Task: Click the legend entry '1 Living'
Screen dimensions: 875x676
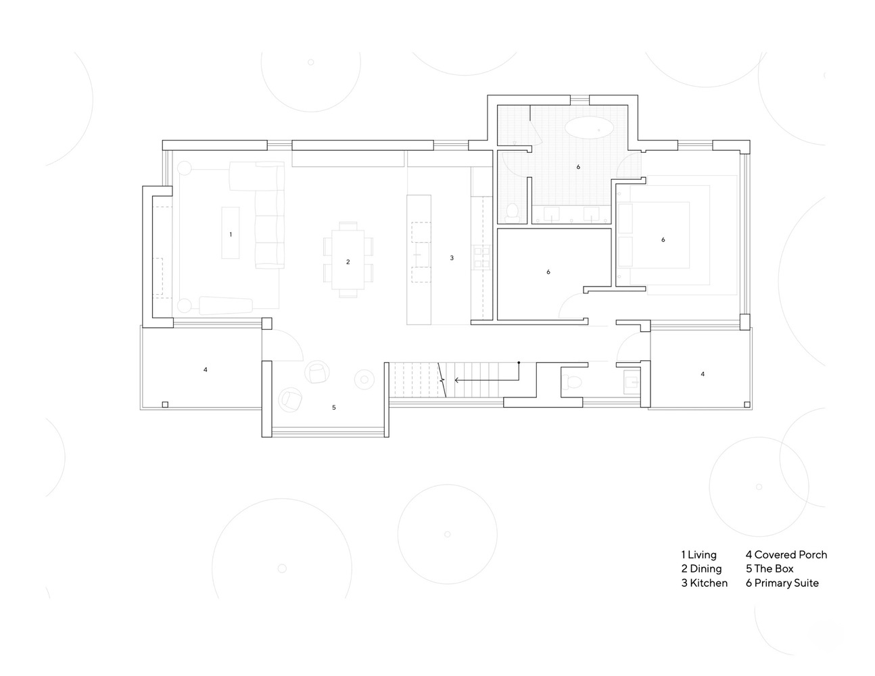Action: [699, 555]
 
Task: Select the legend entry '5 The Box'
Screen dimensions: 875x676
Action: [770, 569]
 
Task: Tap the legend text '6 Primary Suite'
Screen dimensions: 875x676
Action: [782, 583]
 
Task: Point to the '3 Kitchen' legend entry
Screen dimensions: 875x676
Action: [705, 583]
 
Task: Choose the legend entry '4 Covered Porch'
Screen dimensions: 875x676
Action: [786, 555]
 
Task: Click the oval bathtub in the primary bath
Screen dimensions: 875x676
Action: [589, 128]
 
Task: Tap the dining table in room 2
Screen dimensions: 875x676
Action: [348, 260]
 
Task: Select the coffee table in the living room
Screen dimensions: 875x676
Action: [231, 233]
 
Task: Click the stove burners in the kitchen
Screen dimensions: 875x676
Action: [482, 258]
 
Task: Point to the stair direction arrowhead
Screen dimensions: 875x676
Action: [456, 380]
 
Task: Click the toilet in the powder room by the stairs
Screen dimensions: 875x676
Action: [571, 381]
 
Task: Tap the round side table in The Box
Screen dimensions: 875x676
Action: [364, 379]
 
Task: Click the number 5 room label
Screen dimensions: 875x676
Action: [334, 408]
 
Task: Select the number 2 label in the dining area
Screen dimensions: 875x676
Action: [348, 262]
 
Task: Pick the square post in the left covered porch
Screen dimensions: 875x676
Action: [165, 404]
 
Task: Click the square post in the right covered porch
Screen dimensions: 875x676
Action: [747, 404]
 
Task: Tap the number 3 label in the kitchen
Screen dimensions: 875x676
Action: [452, 258]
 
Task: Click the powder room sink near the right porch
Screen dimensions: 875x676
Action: [631, 382]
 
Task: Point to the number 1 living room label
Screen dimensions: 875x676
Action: [231, 235]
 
